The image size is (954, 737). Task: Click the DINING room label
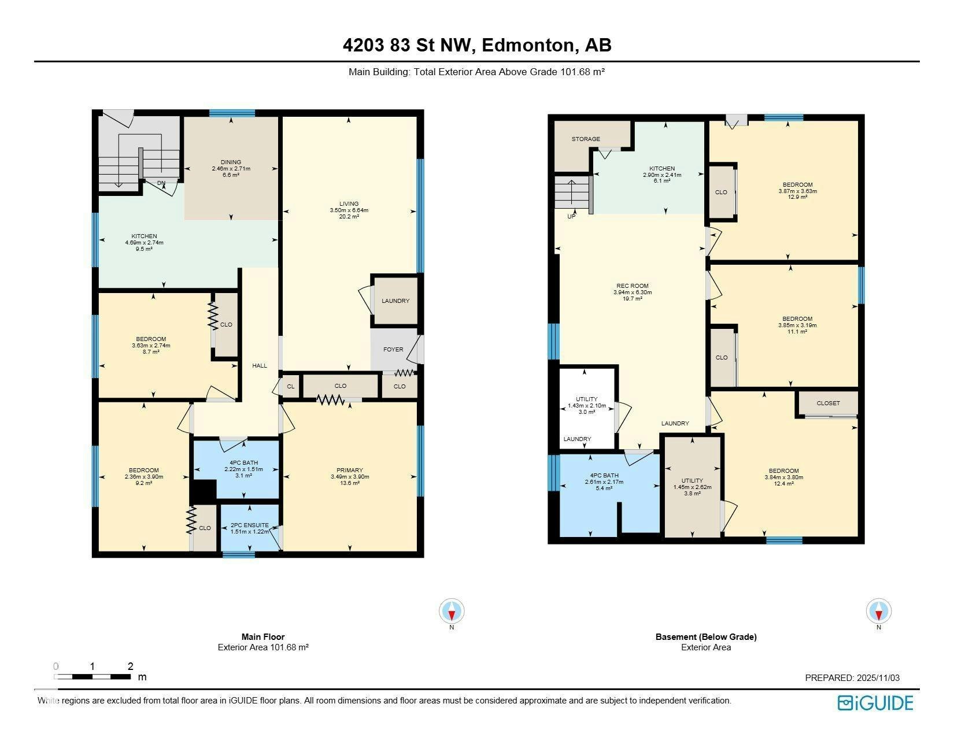231,162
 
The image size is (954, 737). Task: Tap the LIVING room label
349,203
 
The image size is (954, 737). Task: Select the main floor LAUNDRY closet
395,301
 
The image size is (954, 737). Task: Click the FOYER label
393,349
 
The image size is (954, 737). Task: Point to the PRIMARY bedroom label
349,470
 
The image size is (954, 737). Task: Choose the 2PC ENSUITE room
249,528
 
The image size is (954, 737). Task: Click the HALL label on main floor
260,365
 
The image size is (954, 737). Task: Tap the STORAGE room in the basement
586,146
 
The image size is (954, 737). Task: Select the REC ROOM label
632,286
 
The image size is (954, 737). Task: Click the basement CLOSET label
828,403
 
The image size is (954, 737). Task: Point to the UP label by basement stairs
571,216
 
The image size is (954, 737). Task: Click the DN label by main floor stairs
161,183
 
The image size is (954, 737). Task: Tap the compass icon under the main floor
452,610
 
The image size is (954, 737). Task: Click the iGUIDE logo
875,703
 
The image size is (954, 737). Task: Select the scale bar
92,676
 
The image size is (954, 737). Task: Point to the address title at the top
477,45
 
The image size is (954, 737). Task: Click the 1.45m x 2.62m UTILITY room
692,487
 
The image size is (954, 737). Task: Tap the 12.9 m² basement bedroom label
798,197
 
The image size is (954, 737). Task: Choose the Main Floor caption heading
263,636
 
